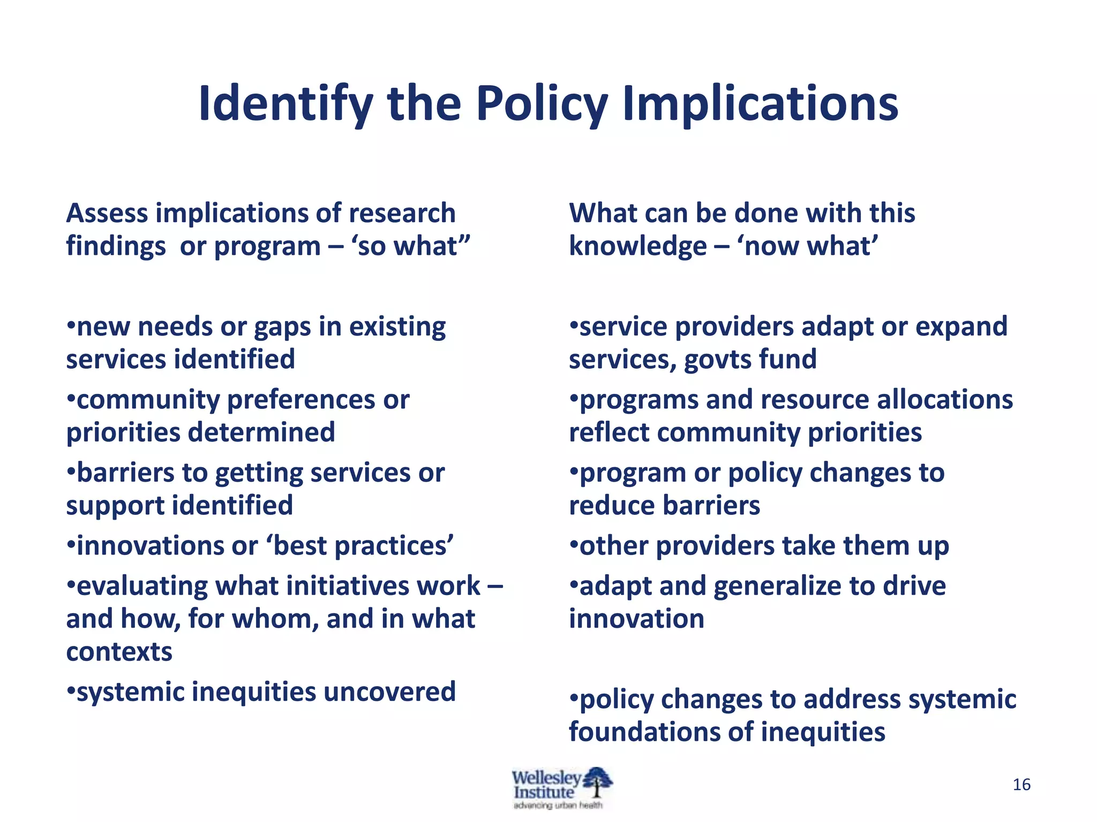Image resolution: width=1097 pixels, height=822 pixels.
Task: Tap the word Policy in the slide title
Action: (x=542, y=104)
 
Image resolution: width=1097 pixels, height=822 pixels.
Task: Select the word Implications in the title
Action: (x=760, y=104)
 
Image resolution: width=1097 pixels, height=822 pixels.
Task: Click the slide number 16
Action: (x=1021, y=785)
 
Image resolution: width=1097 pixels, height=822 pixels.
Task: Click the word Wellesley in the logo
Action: (x=546, y=777)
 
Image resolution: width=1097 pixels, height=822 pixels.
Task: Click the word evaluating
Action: (x=141, y=587)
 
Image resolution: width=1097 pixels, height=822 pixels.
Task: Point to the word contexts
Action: (x=119, y=652)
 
